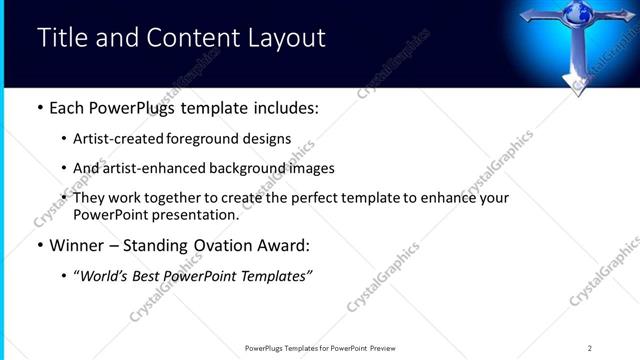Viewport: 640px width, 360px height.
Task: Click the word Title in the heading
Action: click(59, 39)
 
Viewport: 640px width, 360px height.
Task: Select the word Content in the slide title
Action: click(188, 39)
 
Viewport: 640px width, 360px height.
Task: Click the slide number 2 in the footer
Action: click(590, 347)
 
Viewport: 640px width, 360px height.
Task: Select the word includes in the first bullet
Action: click(285, 107)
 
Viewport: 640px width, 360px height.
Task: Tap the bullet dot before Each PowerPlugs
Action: click(39, 107)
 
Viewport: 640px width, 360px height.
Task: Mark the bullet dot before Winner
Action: click(39, 244)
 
